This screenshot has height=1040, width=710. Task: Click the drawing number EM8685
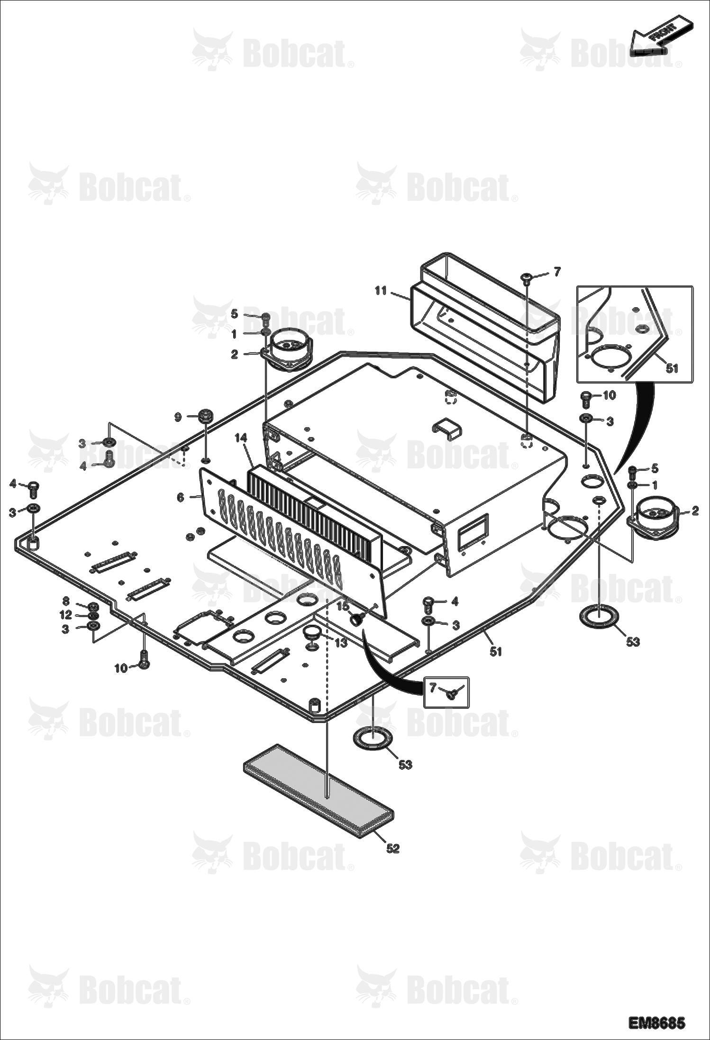[656, 1023]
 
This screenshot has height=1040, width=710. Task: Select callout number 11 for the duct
[381, 291]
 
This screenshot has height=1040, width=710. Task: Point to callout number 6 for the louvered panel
[181, 497]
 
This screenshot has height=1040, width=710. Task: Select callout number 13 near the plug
[341, 643]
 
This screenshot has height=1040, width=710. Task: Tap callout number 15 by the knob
[343, 606]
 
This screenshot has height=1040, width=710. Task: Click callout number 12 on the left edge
[66, 615]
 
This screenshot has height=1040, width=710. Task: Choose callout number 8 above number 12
[66, 602]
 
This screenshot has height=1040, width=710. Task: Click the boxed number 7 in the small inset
[433, 687]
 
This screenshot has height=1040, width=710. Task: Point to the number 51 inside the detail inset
[672, 368]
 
